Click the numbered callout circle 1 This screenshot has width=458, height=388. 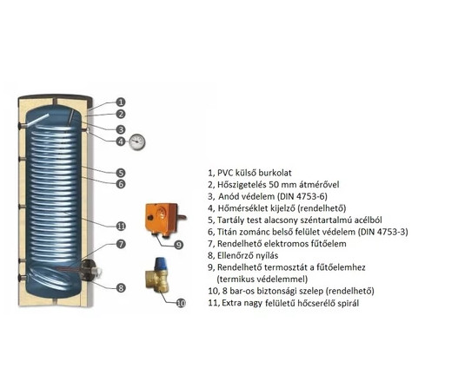click(121, 102)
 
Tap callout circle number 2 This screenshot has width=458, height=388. click(121, 114)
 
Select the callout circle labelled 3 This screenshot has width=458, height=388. click(121, 129)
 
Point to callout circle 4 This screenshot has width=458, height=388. click(121, 141)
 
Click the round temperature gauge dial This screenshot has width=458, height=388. click(136, 141)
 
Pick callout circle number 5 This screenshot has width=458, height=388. click(121, 173)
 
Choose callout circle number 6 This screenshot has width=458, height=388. click(121, 184)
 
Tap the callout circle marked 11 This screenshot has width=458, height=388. click(121, 226)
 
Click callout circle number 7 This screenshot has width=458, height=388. click(121, 244)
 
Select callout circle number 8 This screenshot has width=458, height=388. click(121, 288)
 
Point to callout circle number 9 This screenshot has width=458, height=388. click(178, 245)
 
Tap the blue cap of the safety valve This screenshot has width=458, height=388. click(160, 263)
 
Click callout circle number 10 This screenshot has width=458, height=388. click(181, 304)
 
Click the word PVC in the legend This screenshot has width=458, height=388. click(225, 173)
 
